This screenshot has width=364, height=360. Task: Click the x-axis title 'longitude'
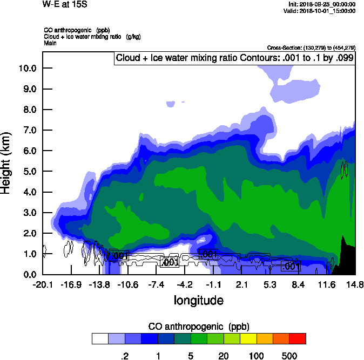[198, 301]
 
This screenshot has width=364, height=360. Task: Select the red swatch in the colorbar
[298, 338]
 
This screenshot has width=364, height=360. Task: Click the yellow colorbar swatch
[248, 338]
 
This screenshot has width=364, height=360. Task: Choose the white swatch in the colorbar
[100, 338]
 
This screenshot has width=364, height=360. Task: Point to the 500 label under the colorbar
[289, 355]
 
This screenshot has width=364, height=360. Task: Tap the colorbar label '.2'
[124, 355]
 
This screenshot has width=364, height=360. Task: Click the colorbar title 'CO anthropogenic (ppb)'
[198, 327]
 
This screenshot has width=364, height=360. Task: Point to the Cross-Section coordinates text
[311, 47]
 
